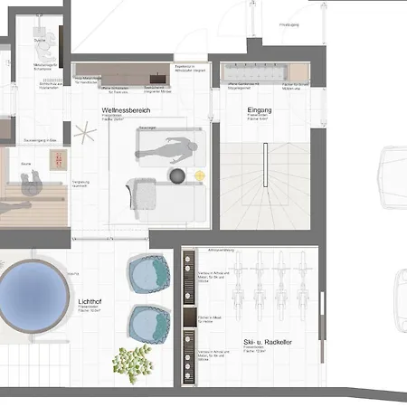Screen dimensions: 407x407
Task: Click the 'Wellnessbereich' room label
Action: pyautogui.click(x=126, y=110)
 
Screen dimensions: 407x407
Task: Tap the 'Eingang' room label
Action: pyautogui.click(x=260, y=110)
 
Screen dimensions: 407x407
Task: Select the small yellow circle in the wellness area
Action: pyautogui.click(x=200, y=175)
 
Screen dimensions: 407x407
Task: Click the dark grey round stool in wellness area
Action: pyautogui.click(x=177, y=175)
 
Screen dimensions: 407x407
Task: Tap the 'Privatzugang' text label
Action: pyautogui.click(x=289, y=25)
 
